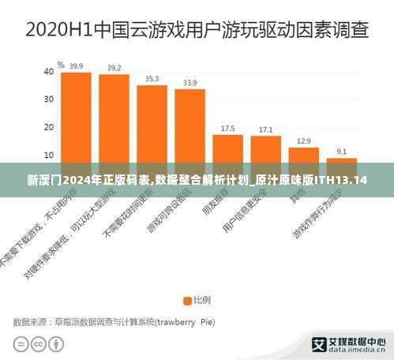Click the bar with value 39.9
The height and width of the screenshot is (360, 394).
pyautogui.click(x=76, y=118)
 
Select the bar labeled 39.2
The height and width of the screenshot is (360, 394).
pyautogui.click(x=114, y=120)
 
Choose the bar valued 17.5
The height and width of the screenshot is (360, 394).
pyautogui.click(x=227, y=150)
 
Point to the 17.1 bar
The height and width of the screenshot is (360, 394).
pyautogui.click(x=265, y=151)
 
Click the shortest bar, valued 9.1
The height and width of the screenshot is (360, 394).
pyautogui.click(x=341, y=161)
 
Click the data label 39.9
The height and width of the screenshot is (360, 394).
pyautogui.click(x=76, y=66)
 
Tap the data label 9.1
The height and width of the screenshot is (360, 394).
pyautogui.click(x=341, y=151)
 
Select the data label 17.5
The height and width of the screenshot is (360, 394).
pyautogui.click(x=227, y=128)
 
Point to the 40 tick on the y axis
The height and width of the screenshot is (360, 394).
pyautogui.click(x=48, y=72)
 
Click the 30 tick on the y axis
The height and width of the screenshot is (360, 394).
pyautogui.click(x=48, y=99)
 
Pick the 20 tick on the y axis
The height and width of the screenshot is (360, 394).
pyautogui.click(x=48, y=127)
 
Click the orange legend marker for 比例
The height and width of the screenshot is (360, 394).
pyautogui.click(x=188, y=300)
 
